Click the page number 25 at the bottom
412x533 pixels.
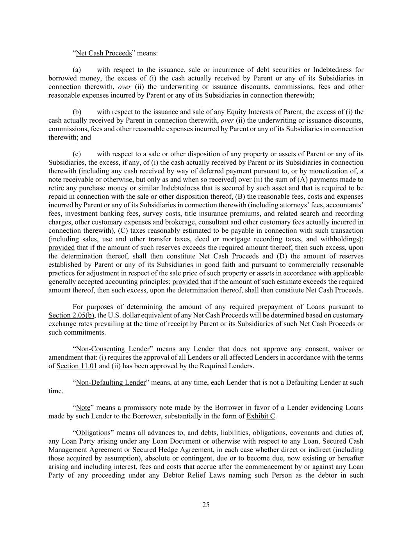pyautogui.click(x=206, y=505)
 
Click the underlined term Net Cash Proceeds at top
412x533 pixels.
pyautogui.click(x=104, y=53)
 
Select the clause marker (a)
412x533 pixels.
pyautogui.click(x=77, y=70)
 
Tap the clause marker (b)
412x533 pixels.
pyautogui.click(x=77, y=112)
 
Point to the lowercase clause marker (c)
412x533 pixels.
pyautogui.click(x=77, y=154)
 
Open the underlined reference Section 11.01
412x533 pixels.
pyautogui.click(x=77, y=366)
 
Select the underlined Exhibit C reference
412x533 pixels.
pyautogui.click(x=261, y=416)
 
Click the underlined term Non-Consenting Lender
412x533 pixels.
pyautogui.click(x=113, y=349)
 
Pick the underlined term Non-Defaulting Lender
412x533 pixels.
pyautogui.click(x=111, y=382)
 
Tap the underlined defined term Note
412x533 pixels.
pyautogui.click(x=83, y=408)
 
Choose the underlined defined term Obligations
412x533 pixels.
pyautogui.click(x=93, y=433)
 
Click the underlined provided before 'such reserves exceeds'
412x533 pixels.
pyautogui.click(x=61, y=248)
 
